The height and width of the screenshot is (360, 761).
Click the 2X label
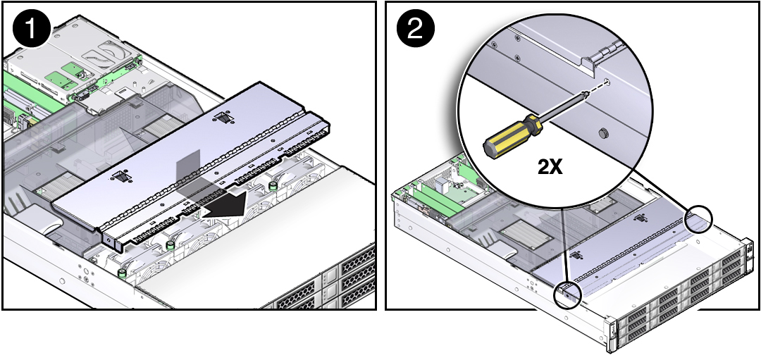pos(550,167)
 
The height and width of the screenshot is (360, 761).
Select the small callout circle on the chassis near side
pos(567,294)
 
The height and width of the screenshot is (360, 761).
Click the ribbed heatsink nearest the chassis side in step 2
pos(520,232)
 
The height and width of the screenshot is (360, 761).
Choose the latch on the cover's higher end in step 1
pos(223,118)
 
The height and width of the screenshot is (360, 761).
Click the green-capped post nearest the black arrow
pos(273,186)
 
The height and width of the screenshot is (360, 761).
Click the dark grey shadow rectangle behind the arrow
pos(188,173)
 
